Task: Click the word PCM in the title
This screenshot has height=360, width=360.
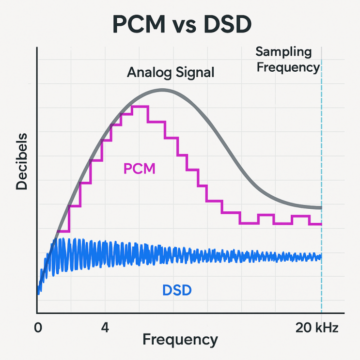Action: pyautogui.click(x=139, y=24)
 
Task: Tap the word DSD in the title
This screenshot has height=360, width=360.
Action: pyautogui.click(x=228, y=24)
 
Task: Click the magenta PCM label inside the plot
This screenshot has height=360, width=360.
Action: pyautogui.click(x=140, y=169)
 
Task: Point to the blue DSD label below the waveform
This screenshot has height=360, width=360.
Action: pyautogui.click(x=177, y=290)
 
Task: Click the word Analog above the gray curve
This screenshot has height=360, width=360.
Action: pyautogui.click(x=149, y=73)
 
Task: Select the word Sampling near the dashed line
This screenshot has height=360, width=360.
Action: pyautogui.click(x=283, y=52)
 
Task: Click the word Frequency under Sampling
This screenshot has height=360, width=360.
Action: pyautogui.click(x=288, y=68)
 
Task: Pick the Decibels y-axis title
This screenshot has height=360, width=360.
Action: pyautogui.click(x=21, y=161)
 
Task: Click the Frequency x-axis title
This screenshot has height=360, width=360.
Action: pyautogui.click(x=180, y=340)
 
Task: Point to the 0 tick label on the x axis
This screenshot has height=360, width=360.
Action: pyautogui.click(x=38, y=328)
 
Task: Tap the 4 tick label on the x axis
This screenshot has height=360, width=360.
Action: pyautogui.click(x=105, y=328)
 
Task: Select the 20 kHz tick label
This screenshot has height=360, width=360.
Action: pyautogui.click(x=317, y=328)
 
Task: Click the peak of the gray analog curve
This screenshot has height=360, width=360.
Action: pyautogui.click(x=162, y=90)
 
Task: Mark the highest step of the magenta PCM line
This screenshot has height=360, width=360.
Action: pyautogui.click(x=140, y=107)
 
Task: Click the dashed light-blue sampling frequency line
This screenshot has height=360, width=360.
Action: pyautogui.click(x=321, y=186)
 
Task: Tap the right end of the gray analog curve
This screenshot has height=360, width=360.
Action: pyautogui.click(x=321, y=208)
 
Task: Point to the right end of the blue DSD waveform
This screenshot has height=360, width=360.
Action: pyautogui.click(x=321, y=257)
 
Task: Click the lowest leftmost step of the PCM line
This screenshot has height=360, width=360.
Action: pyautogui.click(x=63, y=231)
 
